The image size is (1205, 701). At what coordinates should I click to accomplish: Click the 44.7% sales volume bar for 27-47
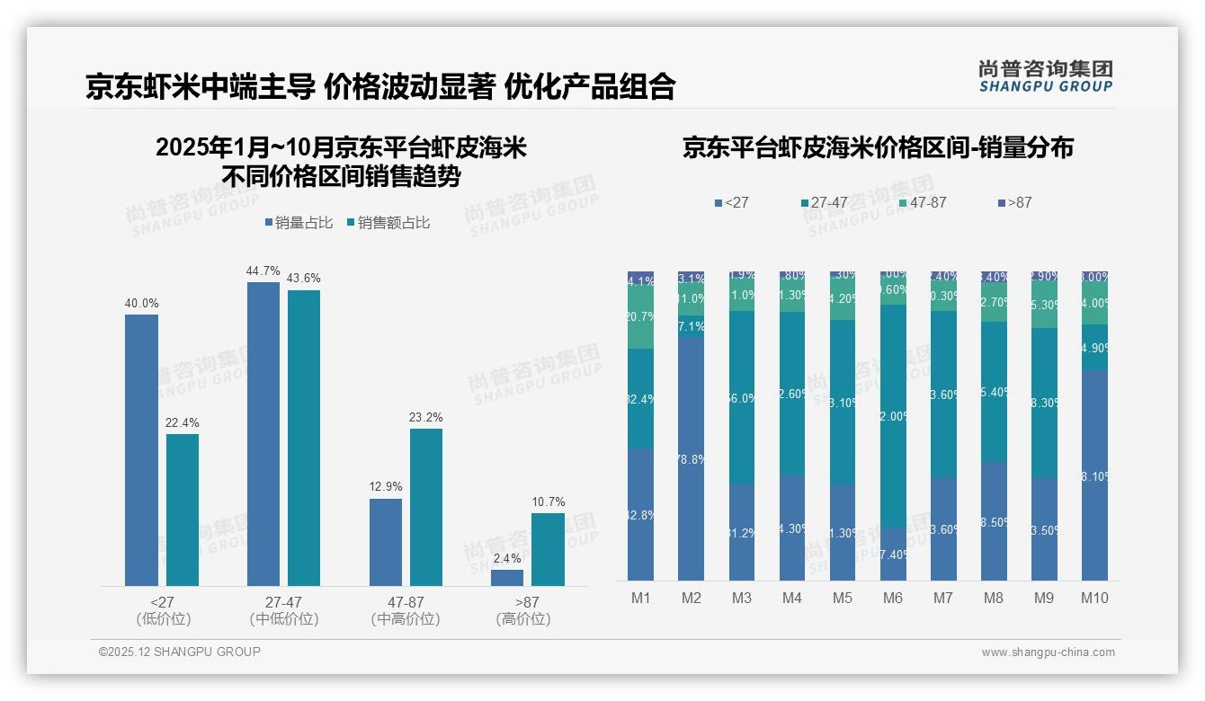coord(263,434)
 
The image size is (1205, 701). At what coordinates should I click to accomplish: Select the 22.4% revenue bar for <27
coord(182,510)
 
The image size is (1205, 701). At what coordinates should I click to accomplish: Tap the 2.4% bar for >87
coord(506,578)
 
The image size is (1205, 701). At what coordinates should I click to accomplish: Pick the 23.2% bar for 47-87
coord(425,507)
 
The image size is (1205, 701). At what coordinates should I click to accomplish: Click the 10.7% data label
coord(548,501)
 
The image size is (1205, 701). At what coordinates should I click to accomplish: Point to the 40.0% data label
coord(141,304)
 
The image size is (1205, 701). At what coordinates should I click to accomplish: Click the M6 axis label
coord(892,598)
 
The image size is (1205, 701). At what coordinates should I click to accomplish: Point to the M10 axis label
coord(1093,598)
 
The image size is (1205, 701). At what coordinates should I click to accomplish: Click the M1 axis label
coord(640,598)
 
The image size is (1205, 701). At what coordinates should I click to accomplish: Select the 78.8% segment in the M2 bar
coord(691,458)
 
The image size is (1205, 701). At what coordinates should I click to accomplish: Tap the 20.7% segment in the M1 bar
coord(640,317)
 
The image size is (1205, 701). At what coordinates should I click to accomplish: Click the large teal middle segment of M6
coord(892,415)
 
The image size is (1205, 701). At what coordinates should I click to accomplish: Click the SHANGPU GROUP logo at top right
coord(1045,76)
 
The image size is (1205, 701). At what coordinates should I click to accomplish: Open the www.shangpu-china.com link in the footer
coord(1048,652)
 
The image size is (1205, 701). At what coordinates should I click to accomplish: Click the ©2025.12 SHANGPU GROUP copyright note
coord(180,652)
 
